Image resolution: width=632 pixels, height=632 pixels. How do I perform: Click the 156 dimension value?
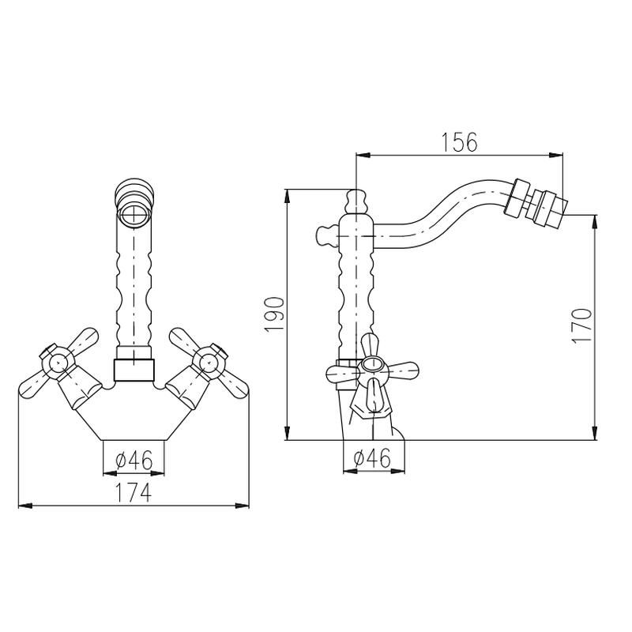coord(459,142)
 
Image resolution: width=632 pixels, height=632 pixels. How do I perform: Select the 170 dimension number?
coord(582,324)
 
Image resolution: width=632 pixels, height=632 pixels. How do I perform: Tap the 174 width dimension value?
coord(133,491)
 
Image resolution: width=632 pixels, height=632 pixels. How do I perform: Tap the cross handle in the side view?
coord(373,368)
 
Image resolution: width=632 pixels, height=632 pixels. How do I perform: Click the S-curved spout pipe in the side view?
coord(442,209)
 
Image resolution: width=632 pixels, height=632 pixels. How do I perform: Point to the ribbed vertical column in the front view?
coord(134,284)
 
